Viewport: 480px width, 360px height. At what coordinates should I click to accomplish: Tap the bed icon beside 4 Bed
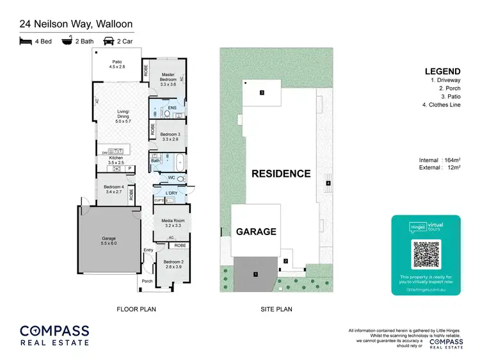(26, 40)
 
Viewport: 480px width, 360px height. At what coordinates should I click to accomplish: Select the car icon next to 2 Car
(109, 40)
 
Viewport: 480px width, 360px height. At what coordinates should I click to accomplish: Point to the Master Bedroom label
(168, 79)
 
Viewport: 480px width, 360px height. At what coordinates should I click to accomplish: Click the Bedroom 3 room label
(168, 136)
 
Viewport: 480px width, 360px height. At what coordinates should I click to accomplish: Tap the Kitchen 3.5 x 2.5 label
(116, 160)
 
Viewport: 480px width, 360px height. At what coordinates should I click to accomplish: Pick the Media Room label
(172, 223)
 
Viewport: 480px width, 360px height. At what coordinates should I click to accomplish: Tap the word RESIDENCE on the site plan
(280, 174)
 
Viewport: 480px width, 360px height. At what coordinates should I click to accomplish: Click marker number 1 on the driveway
(255, 275)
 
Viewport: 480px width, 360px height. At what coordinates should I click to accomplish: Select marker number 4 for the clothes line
(328, 184)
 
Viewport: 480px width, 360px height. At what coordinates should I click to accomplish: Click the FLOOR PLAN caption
(136, 309)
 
